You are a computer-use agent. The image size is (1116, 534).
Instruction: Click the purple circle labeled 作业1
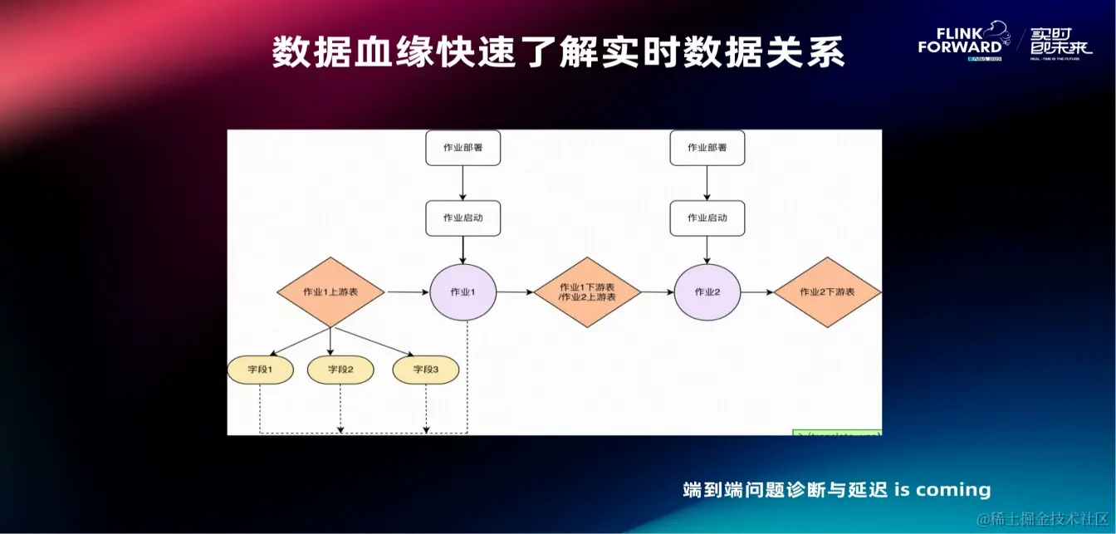tap(463, 292)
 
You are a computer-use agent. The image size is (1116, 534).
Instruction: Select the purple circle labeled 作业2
tap(707, 292)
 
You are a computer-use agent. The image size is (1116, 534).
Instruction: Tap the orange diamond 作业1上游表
tap(330, 292)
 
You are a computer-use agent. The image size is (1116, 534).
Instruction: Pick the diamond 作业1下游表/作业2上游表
tap(587, 292)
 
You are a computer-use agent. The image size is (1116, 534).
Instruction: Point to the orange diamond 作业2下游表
tap(827, 292)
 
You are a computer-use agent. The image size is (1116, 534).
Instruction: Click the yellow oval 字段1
tap(260, 370)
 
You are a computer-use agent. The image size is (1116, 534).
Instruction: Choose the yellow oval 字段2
tap(340, 370)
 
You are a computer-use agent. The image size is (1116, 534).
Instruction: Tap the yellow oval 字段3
tap(425, 370)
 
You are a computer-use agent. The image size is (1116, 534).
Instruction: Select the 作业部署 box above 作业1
tap(463, 148)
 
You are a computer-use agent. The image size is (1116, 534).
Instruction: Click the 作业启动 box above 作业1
tap(463, 218)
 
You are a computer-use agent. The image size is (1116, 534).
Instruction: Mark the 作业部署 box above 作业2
tap(707, 148)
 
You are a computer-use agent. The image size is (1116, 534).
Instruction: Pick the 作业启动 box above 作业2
tap(707, 218)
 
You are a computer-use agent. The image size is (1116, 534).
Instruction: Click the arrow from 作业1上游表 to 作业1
tap(407, 292)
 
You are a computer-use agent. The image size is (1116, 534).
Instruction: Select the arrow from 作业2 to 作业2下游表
tap(757, 292)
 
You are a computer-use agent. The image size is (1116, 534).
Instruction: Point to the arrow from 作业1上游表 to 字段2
tap(330, 341)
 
